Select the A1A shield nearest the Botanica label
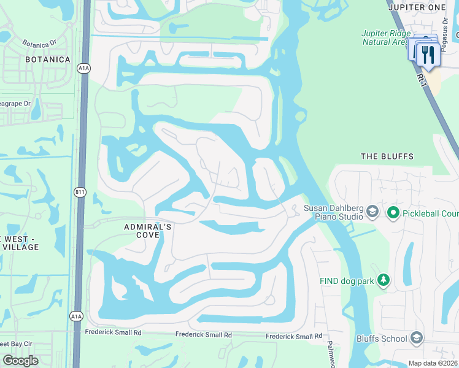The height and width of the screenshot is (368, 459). pos(84,69)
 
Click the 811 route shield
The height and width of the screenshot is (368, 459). pos(80,193)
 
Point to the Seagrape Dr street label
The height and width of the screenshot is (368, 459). pos(15,104)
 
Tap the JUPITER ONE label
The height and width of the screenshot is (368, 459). pos(424,6)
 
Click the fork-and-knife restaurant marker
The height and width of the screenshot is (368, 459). pos(425,54)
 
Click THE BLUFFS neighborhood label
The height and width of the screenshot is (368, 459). pos(387,156)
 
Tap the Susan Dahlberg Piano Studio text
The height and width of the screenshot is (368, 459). pos(334,212)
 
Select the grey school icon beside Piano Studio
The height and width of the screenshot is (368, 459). pos(372,212)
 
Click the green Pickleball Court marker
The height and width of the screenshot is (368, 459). pos(393,213)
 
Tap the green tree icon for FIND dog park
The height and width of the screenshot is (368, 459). pos(384,280)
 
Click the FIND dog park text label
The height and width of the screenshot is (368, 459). pos(345,281)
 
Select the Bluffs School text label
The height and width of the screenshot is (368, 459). pos(382,339)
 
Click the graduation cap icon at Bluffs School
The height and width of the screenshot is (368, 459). pos(417,338)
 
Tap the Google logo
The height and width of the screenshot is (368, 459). pos(20,361)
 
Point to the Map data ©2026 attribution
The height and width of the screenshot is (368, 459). pos(433,363)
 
